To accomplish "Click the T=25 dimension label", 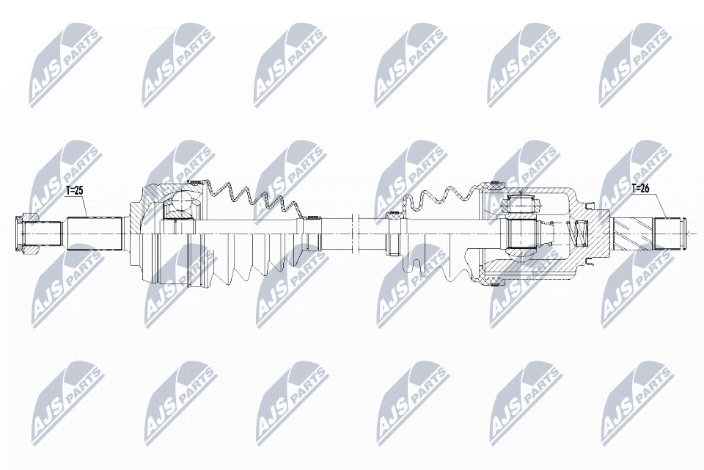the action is [x=75, y=191].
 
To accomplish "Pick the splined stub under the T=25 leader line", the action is [x=95, y=234].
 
